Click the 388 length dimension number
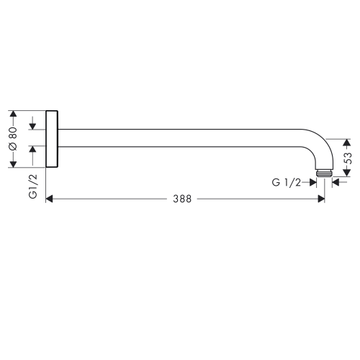[x=182, y=200]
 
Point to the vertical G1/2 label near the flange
[x=32, y=186]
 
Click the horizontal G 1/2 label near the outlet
[x=286, y=183]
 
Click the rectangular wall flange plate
[x=52, y=139]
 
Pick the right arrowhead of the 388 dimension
[x=320, y=200]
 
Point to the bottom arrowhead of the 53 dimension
[x=347, y=174]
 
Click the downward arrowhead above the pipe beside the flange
[x=32, y=125]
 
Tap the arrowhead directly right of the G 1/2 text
[x=313, y=183]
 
